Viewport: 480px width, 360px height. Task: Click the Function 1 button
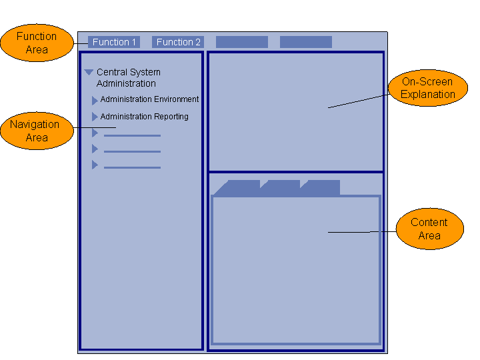(114, 42)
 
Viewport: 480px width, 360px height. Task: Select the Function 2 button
(178, 42)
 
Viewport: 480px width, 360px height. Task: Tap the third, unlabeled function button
(241, 42)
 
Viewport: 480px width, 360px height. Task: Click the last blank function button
(305, 42)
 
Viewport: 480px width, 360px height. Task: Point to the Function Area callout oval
(37, 43)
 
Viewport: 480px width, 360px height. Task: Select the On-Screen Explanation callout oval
(427, 88)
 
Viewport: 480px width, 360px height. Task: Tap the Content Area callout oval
(429, 229)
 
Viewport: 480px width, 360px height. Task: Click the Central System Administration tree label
(128, 77)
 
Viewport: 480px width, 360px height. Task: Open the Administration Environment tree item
(149, 99)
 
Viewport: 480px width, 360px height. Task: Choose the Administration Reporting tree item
(144, 117)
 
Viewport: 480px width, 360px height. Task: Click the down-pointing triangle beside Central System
(89, 72)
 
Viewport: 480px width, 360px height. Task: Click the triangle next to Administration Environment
(95, 101)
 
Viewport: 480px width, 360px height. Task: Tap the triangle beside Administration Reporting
(95, 117)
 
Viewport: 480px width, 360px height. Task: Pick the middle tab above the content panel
(281, 187)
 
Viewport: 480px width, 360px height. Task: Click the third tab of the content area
(321, 187)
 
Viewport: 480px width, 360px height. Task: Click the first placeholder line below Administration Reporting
(132, 135)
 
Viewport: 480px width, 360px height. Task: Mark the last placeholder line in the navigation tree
(132, 167)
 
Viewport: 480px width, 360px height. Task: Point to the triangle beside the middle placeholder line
(95, 149)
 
